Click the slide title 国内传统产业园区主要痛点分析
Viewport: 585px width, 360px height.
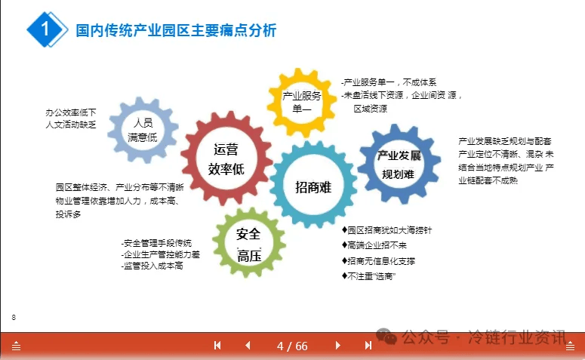pyautogui.click(x=176, y=31)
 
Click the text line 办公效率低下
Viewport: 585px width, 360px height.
pyautogui.click(x=71, y=112)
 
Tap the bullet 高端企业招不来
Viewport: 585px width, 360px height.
pyautogui.click(x=374, y=245)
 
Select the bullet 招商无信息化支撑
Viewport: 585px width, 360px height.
pyautogui.click(x=378, y=261)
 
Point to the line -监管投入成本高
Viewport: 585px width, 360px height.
pyautogui.click(x=152, y=266)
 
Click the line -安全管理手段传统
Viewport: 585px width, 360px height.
pyautogui.click(x=156, y=243)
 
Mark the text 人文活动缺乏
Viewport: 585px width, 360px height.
pyautogui.click(x=71, y=125)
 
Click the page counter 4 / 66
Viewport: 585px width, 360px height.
pyautogui.click(x=292, y=346)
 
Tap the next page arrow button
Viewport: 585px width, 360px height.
pyautogui.click(x=337, y=346)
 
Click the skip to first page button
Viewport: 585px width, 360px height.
pyautogui.click(x=217, y=346)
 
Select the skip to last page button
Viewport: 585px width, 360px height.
pyautogui.click(x=368, y=346)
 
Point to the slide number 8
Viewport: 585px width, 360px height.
pyautogui.click(x=14, y=318)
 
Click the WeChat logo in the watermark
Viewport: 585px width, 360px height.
pyautogui.click(x=386, y=337)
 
